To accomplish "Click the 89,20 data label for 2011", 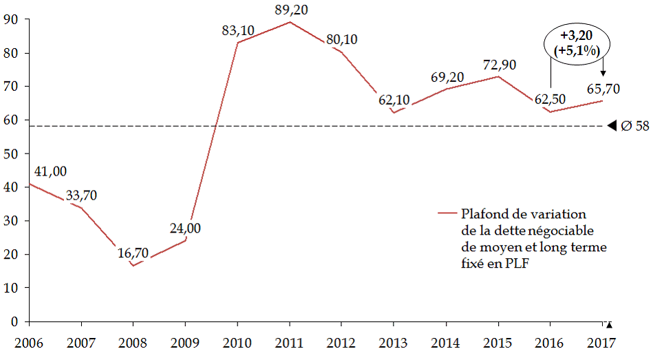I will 290,10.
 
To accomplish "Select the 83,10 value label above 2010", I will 237,31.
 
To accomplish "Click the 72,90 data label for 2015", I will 499,65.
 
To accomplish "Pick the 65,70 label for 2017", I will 603,89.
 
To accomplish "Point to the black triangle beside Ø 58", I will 612,126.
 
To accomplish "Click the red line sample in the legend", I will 447,213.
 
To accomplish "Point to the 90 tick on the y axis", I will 10,19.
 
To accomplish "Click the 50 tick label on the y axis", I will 10,153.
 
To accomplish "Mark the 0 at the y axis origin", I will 14,321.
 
